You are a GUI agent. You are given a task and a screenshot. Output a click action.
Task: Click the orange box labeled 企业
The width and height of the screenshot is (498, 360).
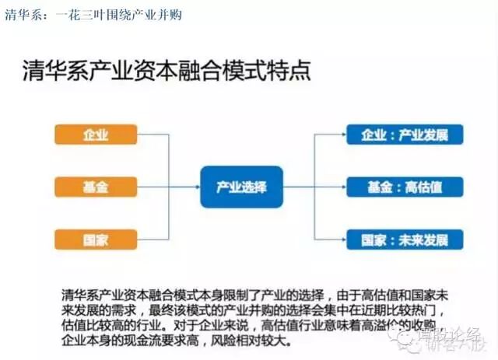(96, 135)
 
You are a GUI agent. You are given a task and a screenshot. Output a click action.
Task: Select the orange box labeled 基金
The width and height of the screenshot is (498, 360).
(96, 187)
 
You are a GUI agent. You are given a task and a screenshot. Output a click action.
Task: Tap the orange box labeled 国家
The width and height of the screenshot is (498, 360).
(96, 239)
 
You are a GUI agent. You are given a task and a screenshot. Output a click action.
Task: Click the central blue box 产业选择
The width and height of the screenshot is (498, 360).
(240, 187)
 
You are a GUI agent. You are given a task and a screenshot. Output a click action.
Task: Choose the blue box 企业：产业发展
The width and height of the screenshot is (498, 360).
(405, 135)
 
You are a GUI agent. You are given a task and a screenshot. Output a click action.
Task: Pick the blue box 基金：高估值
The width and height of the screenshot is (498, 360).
(405, 187)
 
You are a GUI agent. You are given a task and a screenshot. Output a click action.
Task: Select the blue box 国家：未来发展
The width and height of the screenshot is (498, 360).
(405, 239)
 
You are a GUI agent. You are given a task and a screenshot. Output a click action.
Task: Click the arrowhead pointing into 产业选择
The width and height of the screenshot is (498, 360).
(195, 187)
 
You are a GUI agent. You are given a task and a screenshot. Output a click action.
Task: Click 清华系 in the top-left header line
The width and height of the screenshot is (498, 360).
(20, 15)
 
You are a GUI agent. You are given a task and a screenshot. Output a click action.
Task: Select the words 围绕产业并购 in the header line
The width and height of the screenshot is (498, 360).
(143, 15)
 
